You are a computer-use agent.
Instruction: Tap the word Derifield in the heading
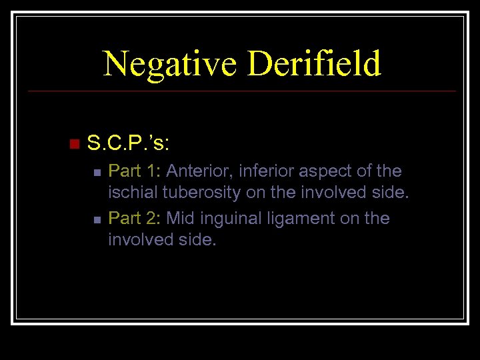[314, 64]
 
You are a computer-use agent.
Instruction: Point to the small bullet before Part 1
[97, 173]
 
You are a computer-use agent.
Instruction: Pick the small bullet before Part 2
[97, 219]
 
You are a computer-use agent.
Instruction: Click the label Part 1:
[135, 171]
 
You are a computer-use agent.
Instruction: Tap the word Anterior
[195, 171]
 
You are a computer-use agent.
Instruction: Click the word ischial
[131, 193]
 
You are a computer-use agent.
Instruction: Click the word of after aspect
[361, 171]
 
